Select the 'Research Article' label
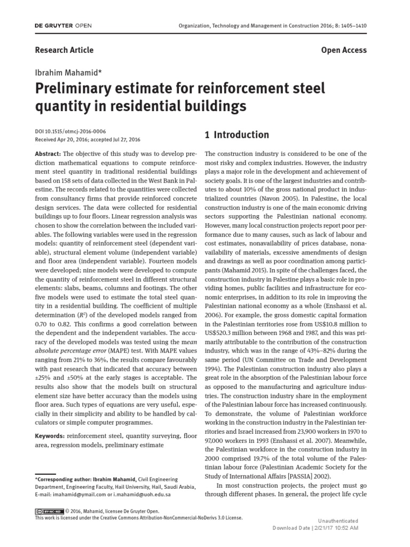(64, 50)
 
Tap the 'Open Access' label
(344, 50)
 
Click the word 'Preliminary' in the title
(78, 88)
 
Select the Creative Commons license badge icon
(48, 511)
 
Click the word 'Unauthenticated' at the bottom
(338, 520)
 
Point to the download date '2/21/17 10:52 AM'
(335, 528)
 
